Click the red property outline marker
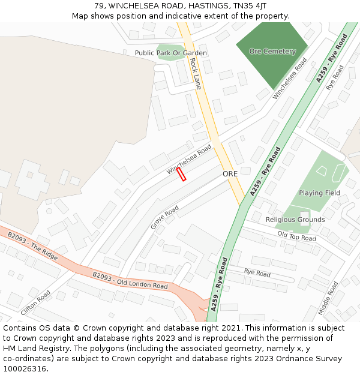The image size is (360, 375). coord(181,174)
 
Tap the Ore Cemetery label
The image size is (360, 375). coord(272,52)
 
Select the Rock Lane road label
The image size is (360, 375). coord(195,73)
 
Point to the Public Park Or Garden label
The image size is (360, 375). coord(171,53)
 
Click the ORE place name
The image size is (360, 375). coord(230,173)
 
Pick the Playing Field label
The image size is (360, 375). coord(319,193)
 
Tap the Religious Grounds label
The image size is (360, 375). coord(295,220)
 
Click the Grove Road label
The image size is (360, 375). coord(165,217)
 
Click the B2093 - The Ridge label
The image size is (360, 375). coord(33,247)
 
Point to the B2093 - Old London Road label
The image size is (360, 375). coord(130,280)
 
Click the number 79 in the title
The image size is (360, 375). coord(98,6)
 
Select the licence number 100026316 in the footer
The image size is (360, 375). coord(25,369)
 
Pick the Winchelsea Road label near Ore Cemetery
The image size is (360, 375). coord(290,79)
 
